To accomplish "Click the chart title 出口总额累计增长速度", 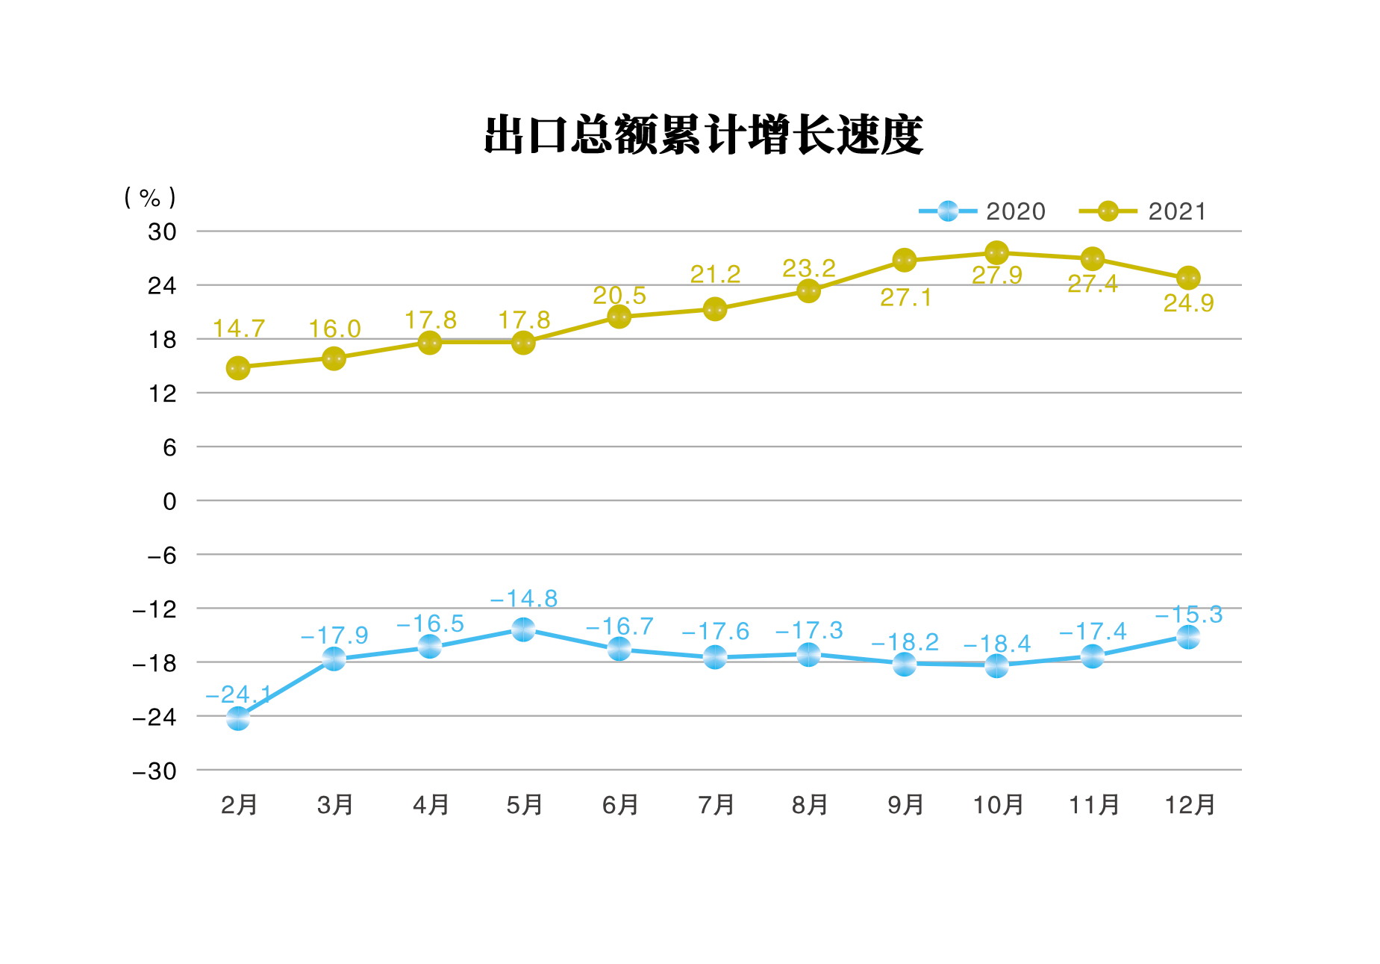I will click(703, 135).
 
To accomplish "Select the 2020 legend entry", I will click(981, 211).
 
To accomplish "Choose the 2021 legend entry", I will click(1143, 211).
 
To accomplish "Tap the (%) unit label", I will click(150, 197).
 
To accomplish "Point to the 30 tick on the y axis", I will click(162, 231).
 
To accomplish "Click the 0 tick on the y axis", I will click(169, 501).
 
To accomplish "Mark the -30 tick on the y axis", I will click(154, 771).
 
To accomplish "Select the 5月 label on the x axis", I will click(524, 804).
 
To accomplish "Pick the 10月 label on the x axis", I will click(997, 804).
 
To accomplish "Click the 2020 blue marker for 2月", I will click(238, 718).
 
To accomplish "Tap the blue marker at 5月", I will click(523, 629).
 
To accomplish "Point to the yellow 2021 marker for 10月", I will click(996, 252).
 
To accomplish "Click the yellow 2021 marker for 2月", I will click(238, 368).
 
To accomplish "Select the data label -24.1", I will click(238, 694).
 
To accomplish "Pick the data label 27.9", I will click(996, 276).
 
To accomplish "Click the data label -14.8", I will click(524, 598).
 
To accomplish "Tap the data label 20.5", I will click(619, 295).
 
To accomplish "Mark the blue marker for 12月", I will click(1188, 637).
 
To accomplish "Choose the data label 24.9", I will click(1188, 302).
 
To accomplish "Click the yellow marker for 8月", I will click(808, 291).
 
